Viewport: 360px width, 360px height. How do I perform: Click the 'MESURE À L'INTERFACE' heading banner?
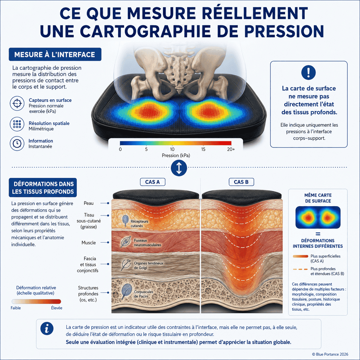click(x=55, y=54)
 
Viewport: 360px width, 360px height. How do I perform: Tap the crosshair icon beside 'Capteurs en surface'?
click(x=17, y=103)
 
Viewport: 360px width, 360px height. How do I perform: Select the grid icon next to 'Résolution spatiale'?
click(x=17, y=124)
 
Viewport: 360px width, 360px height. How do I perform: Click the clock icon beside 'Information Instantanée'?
click(x=17, y=144)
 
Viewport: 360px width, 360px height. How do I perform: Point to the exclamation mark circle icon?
click(x=308, y=72)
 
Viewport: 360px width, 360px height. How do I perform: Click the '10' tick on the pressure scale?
click(x=172, y=149)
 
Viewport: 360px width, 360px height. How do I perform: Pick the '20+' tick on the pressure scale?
click(x=231, y=149)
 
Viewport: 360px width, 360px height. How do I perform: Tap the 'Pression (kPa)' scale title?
click(x=176, y=155)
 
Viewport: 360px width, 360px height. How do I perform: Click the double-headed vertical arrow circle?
click(x=179, y=168)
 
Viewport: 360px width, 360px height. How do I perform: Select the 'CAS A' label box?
click(x=153, y=182)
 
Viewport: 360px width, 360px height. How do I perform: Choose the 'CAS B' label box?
click(x=241, y=182)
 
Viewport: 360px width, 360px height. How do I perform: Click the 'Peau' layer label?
click(x=88, y=203)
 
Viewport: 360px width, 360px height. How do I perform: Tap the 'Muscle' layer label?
click(x=88, y=243)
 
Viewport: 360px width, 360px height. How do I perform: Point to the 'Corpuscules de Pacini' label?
click(x=144, y=294)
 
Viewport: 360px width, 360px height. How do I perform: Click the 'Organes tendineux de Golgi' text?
click(x=148, y=266)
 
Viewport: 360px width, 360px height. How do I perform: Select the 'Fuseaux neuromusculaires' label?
click(x=147, y=243)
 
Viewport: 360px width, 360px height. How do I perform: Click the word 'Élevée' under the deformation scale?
click(x=57, y=308)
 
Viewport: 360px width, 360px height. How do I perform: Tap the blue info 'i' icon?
click(x=47, y=328)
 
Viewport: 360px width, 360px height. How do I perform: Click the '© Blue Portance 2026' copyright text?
click(x=330, y=354)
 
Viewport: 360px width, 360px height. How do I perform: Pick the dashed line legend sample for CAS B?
click(x=300, y=269)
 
